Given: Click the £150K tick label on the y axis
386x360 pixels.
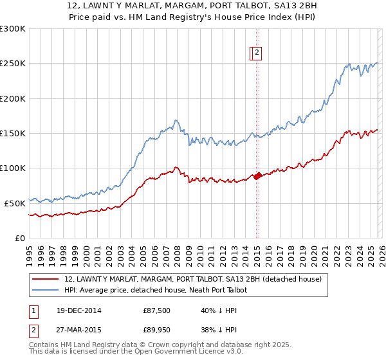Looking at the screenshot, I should click(x=12, y=133).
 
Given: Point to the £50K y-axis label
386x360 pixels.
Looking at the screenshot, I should click(x=14, y=203).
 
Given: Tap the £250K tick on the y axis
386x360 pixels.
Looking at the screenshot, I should click(x=12, y=64).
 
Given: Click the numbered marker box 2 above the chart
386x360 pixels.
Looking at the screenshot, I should click(x=257, y=53).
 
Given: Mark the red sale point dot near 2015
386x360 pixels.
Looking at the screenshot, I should click(x=257, y=175).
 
